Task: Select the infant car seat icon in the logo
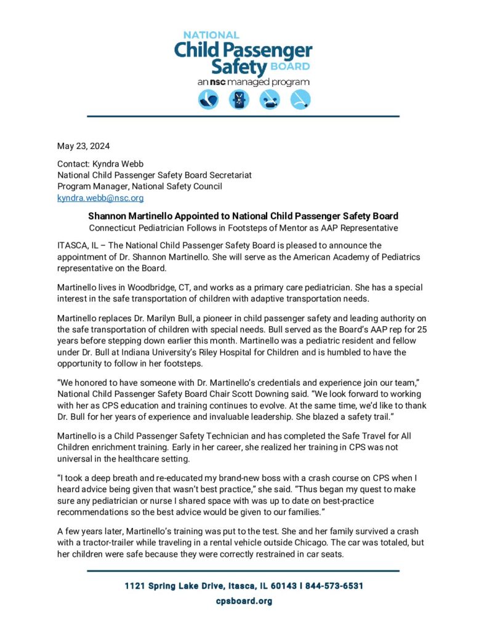coord(208,100)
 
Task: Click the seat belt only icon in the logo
coord(300,100)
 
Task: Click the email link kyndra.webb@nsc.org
coord(100,197)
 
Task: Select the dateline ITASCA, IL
coord(78,245)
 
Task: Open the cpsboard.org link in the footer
coord(243,601)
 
